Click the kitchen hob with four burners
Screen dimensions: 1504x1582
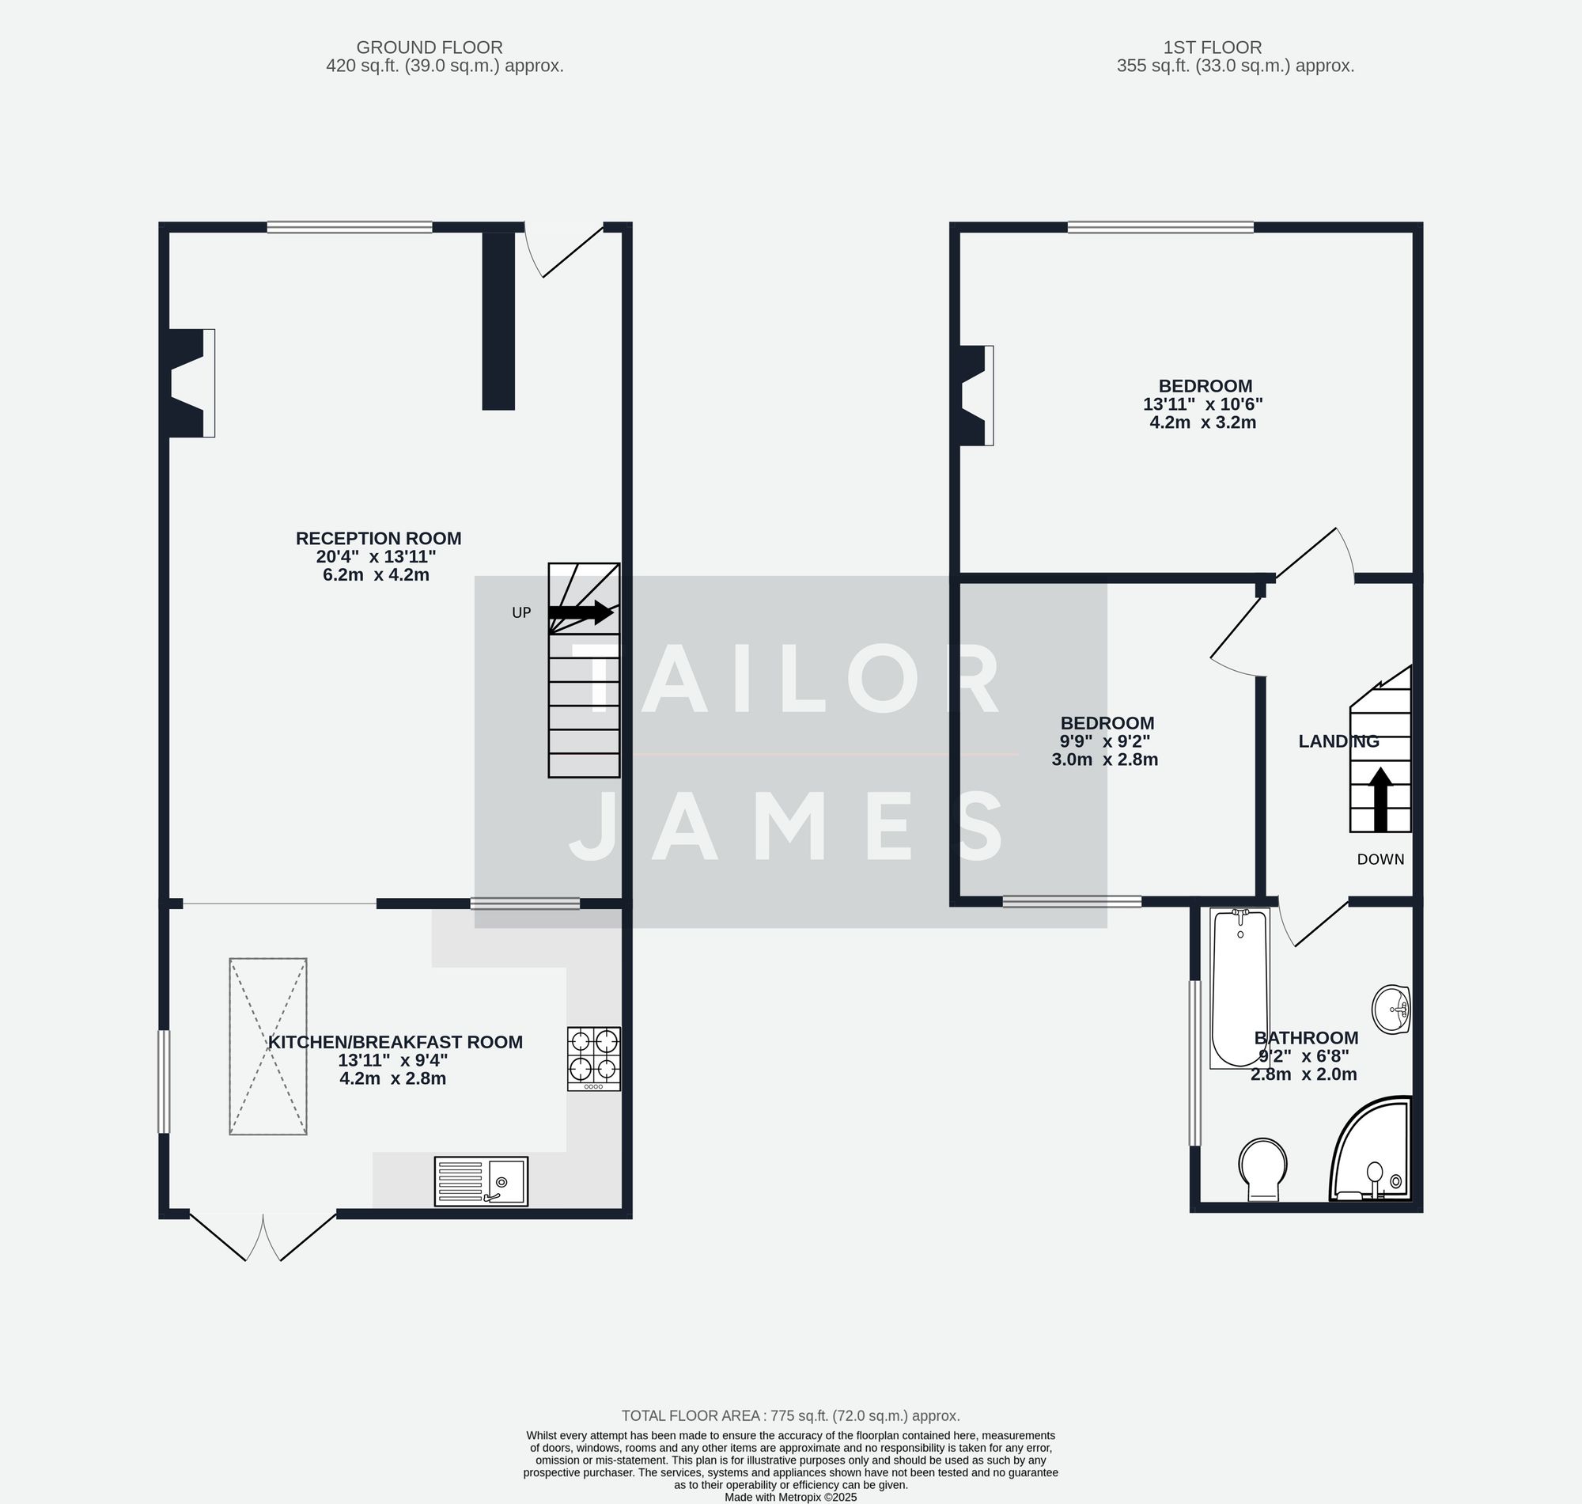click(x=593, y=1059)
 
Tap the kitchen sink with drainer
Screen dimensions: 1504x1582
click(x=481, y=1181)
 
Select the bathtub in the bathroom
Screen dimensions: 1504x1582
click(x=1239, y=987)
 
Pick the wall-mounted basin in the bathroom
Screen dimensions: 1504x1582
click(x=1392, y=1010)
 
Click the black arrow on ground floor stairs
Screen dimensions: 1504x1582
click(x=581, y=613)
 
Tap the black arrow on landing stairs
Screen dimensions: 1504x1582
click(x=1380, y=799)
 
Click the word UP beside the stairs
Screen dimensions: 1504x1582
click(x=521, y=613)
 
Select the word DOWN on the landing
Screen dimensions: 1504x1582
click(x=1380, y=859)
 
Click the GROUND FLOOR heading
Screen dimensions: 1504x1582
click(x=430, y=47)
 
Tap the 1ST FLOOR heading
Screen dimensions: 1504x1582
click(x=1212, y=47)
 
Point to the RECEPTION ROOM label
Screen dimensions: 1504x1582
click(x=378, y=539)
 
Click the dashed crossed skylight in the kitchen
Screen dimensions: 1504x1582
click(x=267, y=1046)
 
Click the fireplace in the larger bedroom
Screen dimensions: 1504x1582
click(x=976, y=396)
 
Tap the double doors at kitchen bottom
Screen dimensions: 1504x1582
click(x=263, y=1237)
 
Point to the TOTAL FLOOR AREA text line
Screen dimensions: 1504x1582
click(x=790, y=1416)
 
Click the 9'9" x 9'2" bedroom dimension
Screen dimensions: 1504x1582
click(x=1104, y=741)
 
